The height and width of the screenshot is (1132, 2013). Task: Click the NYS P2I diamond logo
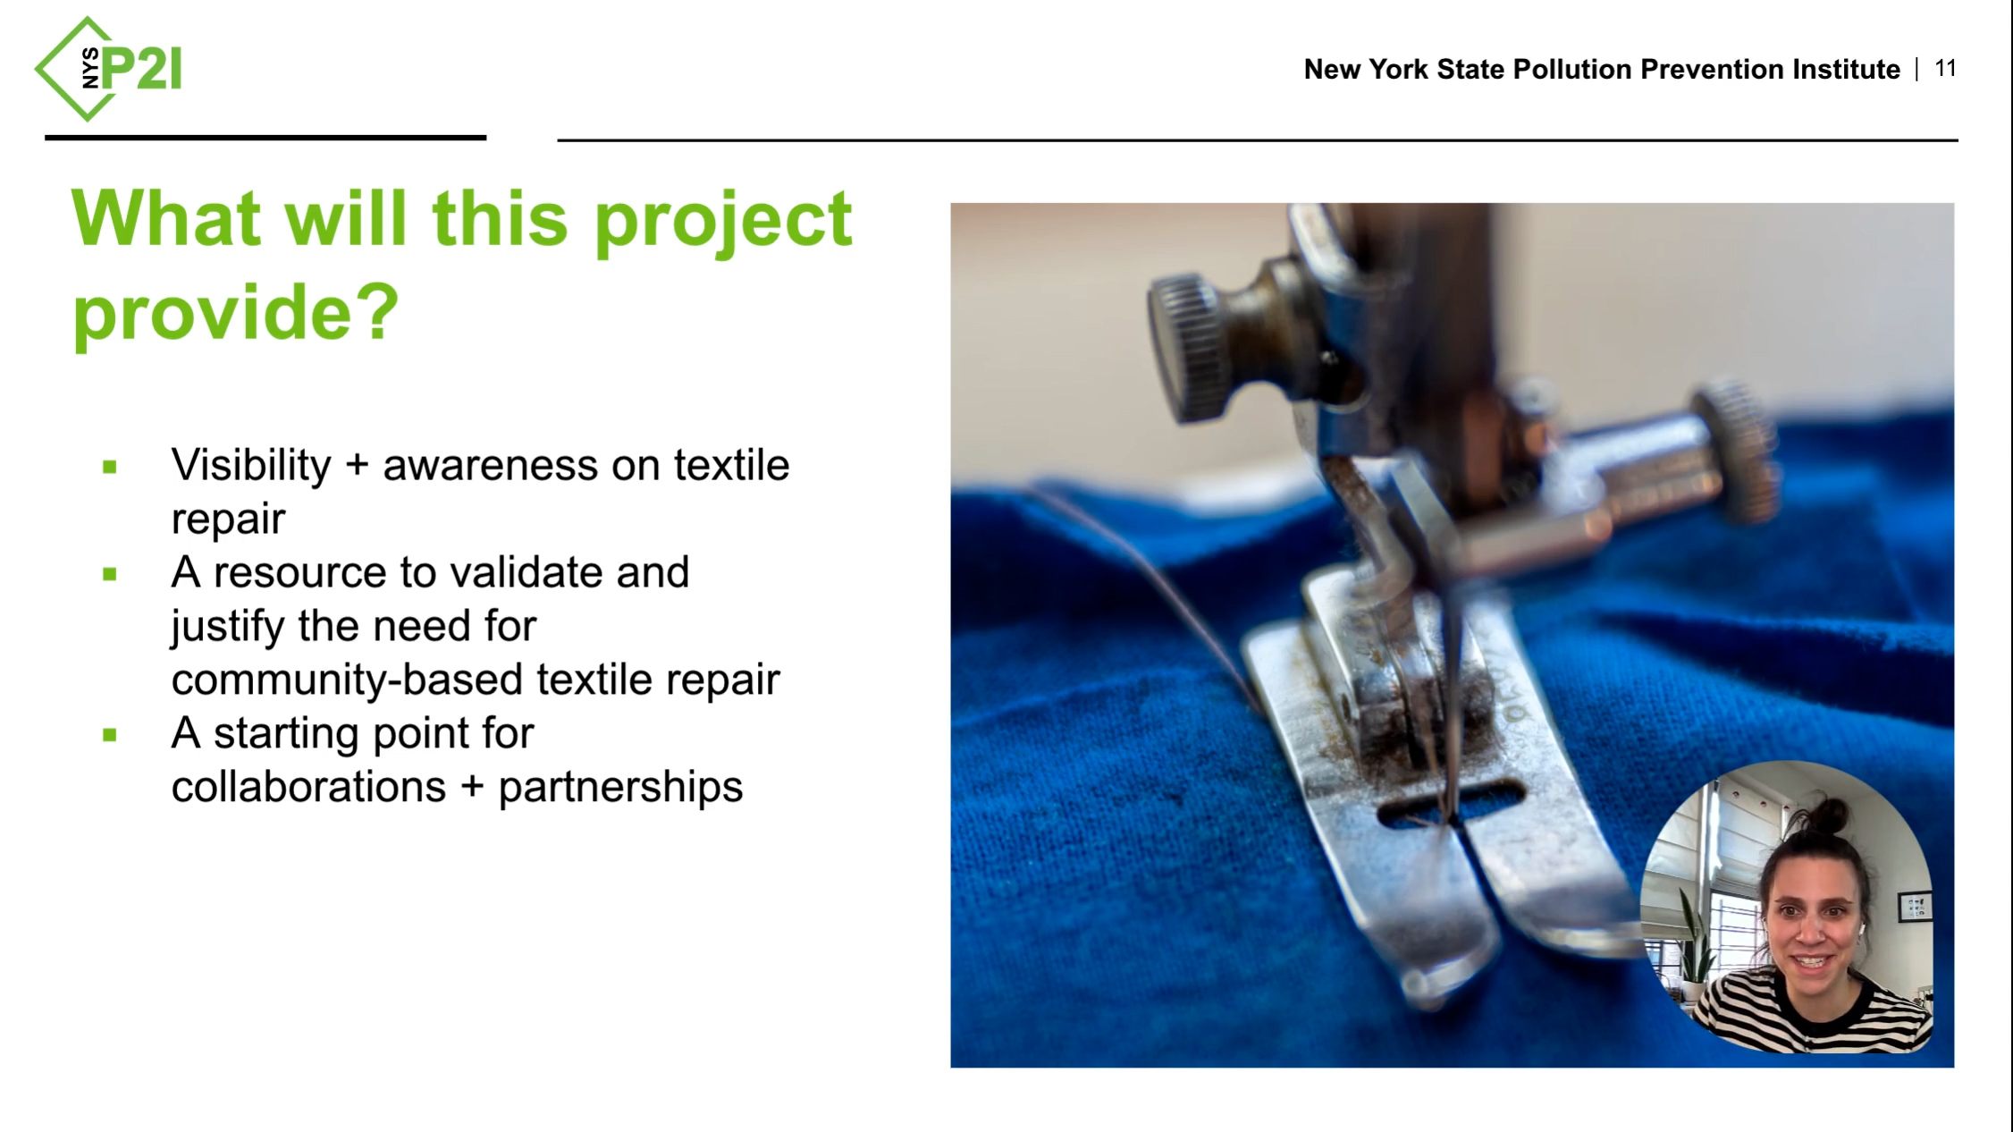pyautogui.click(x=108, y=69)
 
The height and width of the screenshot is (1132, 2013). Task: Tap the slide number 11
pyautogui.click(x=1945, y=69)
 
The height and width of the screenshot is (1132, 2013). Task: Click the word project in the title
pyautogui.click(x=723, y=221)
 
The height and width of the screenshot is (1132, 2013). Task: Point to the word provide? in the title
pyautogui.click(x=236, y=313)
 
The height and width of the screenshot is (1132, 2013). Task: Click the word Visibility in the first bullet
pyautogui.click(x=251, y=465)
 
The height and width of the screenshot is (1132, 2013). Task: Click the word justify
pyautogui.click(x=227, y=626)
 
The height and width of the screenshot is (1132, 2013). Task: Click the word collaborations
pyautogui.click(x=308, y=787)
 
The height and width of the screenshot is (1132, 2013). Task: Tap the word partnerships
pyautogui.click(x=620, y=788)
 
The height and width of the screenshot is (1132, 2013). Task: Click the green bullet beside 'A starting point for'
pyautogui.click(x=110, y=735)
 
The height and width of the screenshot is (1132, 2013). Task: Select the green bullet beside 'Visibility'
pyautogui.click(x=110, y=467)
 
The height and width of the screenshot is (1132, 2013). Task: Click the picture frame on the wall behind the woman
pyautogui.click(x=1914, y=906)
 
